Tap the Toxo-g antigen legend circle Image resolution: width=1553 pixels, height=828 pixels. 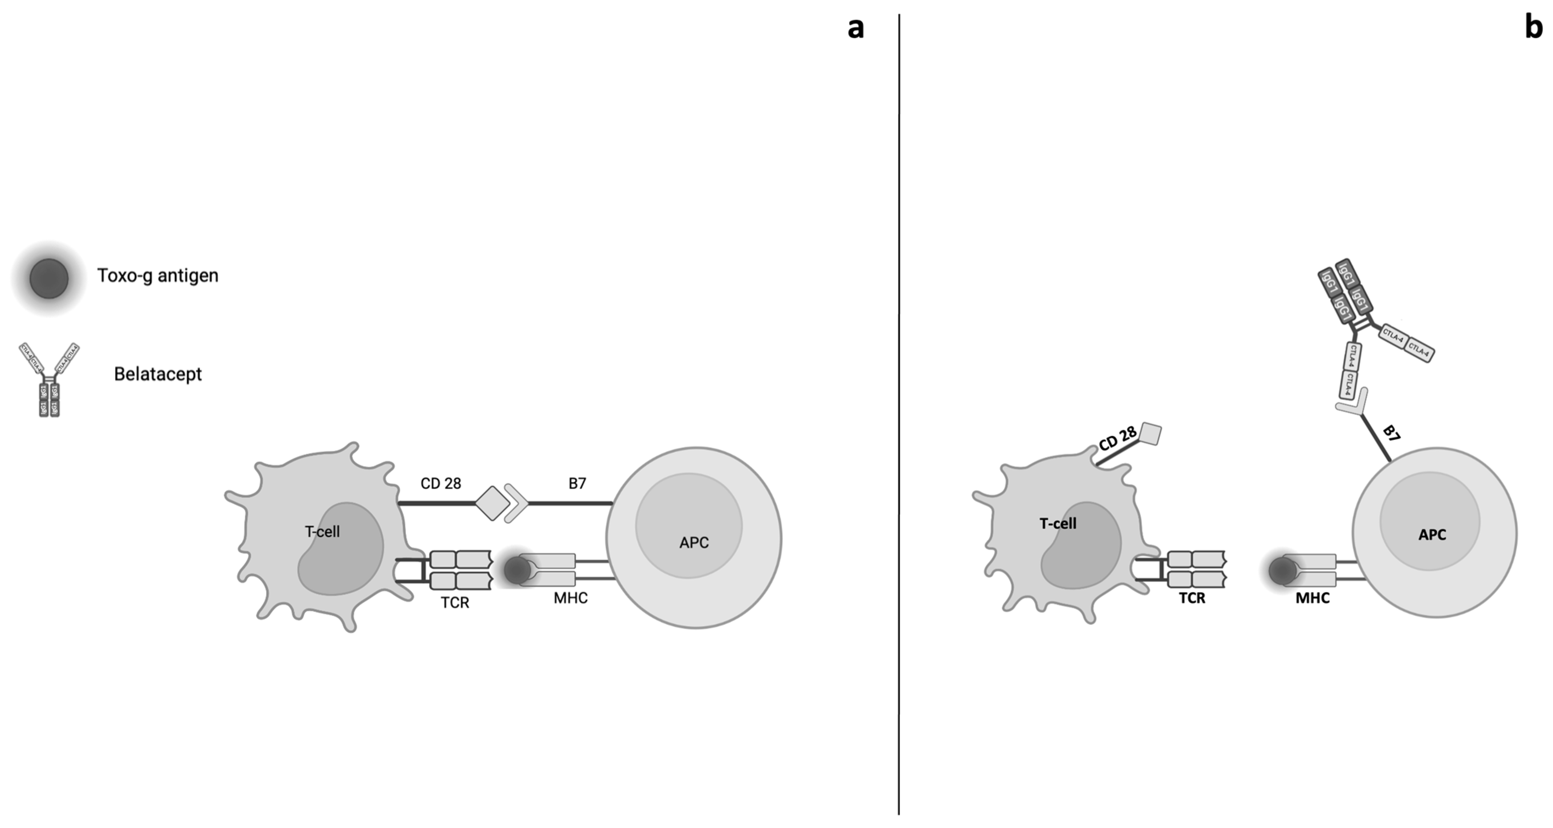point(49,279)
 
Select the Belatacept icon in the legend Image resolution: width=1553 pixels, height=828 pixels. point(49,379)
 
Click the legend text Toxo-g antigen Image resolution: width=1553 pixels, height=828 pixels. point(157,276)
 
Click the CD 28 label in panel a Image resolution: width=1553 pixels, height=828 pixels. point(441,484)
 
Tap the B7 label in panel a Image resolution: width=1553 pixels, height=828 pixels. point(577,484)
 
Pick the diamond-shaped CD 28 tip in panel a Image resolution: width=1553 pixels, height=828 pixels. point(492,502)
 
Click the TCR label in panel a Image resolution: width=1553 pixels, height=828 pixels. point(455,603)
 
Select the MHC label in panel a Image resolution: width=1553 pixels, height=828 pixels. point(570,598)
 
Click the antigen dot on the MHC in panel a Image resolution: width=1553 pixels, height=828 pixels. point(517,570)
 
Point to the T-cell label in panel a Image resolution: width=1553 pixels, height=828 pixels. point(322,532)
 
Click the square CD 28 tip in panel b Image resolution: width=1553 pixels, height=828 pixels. point(1150,434)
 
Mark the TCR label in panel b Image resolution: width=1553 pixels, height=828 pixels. point(1192,598)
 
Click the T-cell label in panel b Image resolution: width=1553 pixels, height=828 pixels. point(1058,523)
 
